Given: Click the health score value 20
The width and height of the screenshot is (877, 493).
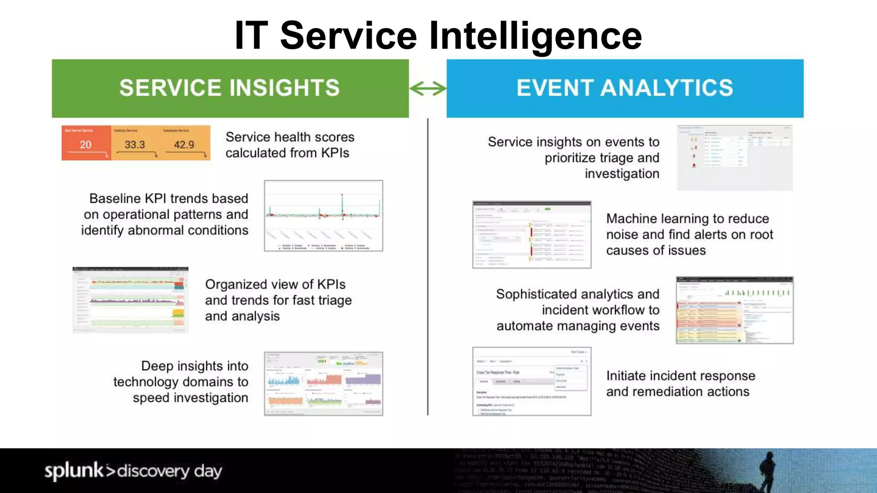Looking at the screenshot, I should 86,145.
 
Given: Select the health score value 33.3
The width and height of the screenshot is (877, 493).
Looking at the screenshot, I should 134,145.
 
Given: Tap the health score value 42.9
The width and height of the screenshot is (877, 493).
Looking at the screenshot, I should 184,145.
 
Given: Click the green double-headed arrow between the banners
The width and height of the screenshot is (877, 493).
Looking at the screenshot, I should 428,89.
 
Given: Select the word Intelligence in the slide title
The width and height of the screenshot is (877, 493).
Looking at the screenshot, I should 535,36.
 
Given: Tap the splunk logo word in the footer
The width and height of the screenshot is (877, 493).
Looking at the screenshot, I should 74,471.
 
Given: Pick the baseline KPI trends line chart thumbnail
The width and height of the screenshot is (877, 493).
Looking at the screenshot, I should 323,216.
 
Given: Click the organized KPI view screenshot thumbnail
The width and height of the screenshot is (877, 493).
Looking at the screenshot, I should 131,300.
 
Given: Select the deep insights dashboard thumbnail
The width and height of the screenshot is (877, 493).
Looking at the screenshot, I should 323,384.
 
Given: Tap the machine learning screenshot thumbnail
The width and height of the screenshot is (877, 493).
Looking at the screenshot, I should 531,235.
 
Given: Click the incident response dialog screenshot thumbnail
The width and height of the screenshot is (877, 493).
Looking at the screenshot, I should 531,381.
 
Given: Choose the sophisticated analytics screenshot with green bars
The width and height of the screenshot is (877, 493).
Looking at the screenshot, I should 734,310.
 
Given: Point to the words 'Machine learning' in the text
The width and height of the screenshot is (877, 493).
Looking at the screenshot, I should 655,219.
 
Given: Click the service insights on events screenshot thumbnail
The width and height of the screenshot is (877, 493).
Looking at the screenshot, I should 734,158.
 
